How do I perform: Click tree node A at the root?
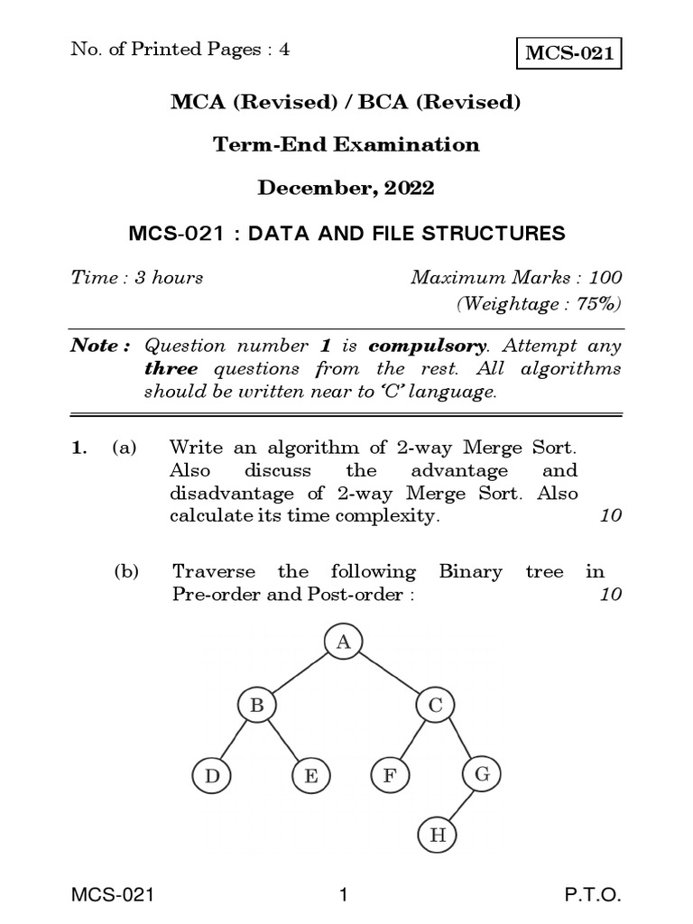coord(342,642)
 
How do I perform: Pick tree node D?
coord(211,775)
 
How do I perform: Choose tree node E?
coord(310,775)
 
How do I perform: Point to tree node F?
coord(389,775)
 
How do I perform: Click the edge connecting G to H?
coord(460,805)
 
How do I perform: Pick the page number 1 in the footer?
coord(343,896)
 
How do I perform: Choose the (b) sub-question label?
coord(125,571)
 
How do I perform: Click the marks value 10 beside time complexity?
coord(610,517)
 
